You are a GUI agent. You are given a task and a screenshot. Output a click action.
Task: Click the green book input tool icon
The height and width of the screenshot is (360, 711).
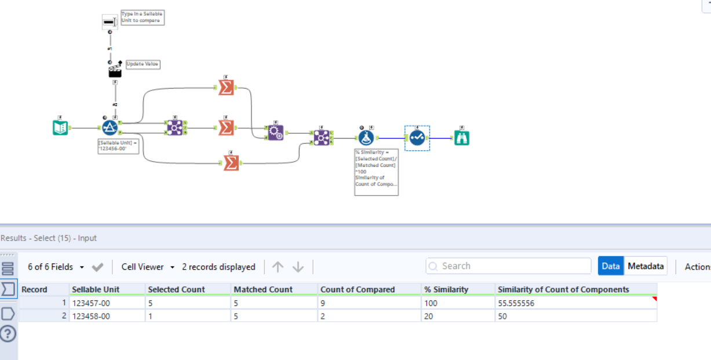click(60, 128)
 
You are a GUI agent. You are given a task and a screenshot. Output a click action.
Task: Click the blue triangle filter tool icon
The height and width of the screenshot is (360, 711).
click(110, 128)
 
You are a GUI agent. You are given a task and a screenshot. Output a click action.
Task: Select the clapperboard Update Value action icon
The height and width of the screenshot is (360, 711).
click(115, 71)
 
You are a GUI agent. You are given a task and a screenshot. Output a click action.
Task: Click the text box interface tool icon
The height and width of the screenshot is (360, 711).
click(110, 21)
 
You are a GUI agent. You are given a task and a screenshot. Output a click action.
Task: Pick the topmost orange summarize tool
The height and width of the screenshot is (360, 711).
click(226, 87)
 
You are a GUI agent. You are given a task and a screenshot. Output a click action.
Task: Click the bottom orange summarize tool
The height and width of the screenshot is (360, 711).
click(231, 163)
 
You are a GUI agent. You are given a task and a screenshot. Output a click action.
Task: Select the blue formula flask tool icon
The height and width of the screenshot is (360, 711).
click(366, 137)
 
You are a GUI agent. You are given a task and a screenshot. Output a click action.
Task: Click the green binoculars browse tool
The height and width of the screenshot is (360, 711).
click(461, 137)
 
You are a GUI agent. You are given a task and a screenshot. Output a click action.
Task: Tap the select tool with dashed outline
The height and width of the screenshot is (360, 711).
click(417, 138)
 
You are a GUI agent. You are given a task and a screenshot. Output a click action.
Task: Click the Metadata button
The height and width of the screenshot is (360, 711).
click(646, 266)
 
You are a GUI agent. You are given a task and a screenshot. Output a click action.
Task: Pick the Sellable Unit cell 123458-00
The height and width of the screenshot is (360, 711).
click(107, 316)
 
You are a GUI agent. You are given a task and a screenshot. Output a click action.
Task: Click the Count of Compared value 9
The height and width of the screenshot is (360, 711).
click(369, 303)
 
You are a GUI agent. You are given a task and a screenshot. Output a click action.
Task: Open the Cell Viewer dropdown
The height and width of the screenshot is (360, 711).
click(148, 267)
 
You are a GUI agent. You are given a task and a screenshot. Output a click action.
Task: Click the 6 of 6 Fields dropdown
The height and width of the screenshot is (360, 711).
click(56, 267)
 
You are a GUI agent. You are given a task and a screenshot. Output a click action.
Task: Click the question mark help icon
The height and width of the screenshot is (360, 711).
click(8, 334)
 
